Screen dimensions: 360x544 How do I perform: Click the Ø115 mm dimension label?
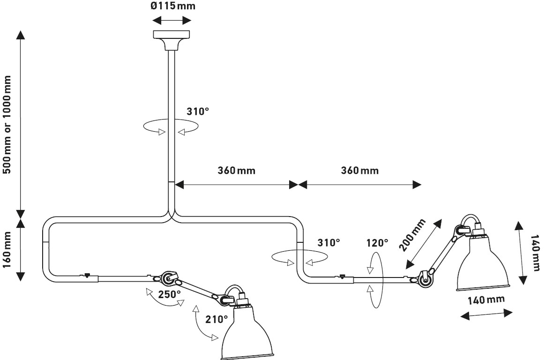pos(172,7)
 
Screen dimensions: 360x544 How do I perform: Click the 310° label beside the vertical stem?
pos(197,112)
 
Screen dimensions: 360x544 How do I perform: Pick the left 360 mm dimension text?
pos(236,170)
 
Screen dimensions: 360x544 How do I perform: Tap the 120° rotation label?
pos(378,243)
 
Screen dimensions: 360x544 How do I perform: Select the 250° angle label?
pos(169,295)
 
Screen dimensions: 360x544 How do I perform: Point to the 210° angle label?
pos(217,319)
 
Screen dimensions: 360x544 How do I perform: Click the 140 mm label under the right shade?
pos(486,300)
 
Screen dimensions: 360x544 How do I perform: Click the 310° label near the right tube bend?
pos(328,243)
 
